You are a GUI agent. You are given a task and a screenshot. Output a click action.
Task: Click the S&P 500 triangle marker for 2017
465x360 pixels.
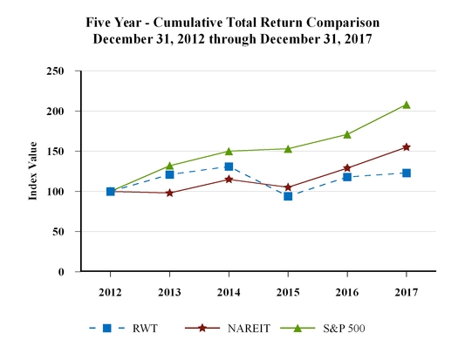coord(406,105)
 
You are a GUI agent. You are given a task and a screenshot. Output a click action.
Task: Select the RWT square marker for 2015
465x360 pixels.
coord(288,196)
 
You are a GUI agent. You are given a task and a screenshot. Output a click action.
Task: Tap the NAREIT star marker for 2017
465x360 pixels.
coord(406,147)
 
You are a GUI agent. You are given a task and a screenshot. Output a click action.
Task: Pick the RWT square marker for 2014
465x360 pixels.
coord(229,166)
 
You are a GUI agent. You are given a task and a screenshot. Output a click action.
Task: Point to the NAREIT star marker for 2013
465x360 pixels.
coord(169,193)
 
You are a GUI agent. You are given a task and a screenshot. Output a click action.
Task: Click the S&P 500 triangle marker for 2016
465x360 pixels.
coord(346,134)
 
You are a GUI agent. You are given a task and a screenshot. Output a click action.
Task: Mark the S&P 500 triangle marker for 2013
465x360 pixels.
coord(169,166)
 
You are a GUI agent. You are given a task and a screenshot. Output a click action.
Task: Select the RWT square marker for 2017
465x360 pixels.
coord(406,173)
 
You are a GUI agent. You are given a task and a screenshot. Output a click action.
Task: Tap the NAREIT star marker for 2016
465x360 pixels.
coord(346,168)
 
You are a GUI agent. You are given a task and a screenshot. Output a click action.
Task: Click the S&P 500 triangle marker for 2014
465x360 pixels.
coord(229,151)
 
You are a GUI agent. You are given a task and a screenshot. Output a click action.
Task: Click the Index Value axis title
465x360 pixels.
coord(32,172)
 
